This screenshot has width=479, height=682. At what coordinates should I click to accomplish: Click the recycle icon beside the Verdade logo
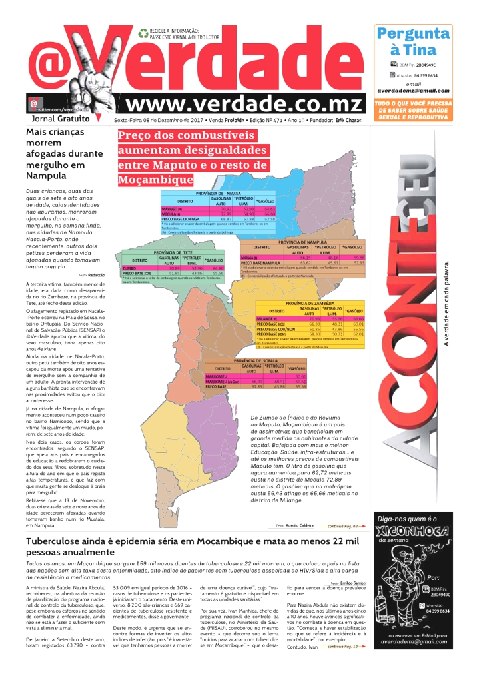[143, 32]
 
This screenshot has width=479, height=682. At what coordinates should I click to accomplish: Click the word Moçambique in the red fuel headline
[155, 180]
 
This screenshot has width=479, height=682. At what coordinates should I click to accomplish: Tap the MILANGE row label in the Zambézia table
[266, 319]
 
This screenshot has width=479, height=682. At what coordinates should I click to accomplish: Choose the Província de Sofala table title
[256, 360]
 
